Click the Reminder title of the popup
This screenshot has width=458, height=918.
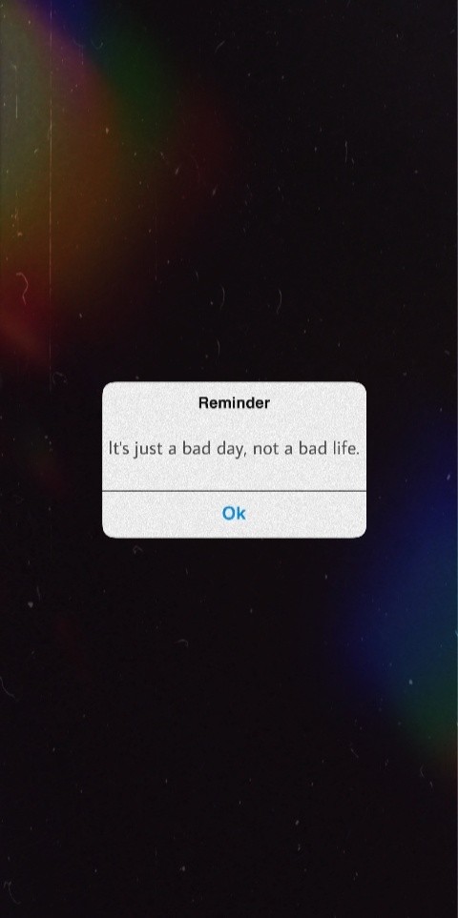tap(235, 403)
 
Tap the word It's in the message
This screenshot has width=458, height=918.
tap(119, 449)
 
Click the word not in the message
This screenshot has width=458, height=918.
tap(265, 450)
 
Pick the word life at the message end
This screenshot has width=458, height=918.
tap(341, 449)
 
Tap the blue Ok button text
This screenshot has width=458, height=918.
tap(234, 513)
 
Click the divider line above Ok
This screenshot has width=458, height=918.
tap(235, 491)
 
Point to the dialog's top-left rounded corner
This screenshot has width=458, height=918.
tap(105, 385)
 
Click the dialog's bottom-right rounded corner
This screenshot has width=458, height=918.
tap(364, 535)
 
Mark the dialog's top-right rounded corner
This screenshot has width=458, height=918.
tap(364, 385)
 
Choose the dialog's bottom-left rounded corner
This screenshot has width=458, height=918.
tap(105, 535)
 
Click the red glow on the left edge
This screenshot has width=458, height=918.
tap(17, 304)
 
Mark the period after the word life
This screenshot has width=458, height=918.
tap(357, 455)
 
